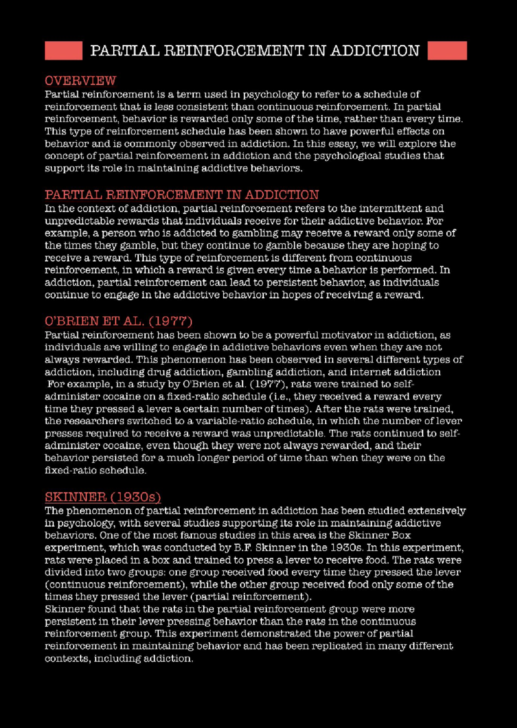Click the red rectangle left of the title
coord(63,50)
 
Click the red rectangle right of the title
coord(447,50)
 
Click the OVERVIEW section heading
coord(81,81)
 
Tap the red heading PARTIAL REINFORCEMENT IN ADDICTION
coord(182,195)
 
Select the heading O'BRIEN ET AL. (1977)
coord(118,321)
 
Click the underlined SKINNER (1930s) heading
coord(103,497)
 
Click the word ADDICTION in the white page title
coord(375,51)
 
